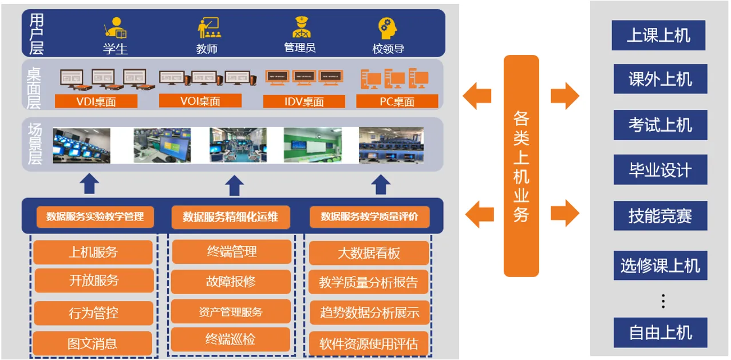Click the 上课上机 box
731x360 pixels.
(x=658, y=35)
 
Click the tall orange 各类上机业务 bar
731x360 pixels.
(x=521, y=166)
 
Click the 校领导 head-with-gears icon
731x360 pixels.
(x=388, y=27)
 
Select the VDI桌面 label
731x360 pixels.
(x=96, y=102)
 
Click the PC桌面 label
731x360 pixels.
(x=397, y=102)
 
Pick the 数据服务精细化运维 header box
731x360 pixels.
(x=230, y=217)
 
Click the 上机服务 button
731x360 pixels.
(x=93, y=252)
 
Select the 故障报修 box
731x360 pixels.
(x=231, y=282)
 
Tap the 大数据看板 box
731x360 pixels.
(x=369, y=252)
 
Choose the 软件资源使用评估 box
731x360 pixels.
(x=369, y=343)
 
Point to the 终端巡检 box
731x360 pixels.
(x=230, y=339)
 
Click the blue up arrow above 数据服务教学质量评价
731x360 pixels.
(x=381, y=185)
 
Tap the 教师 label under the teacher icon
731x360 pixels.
(x=207, y=49)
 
